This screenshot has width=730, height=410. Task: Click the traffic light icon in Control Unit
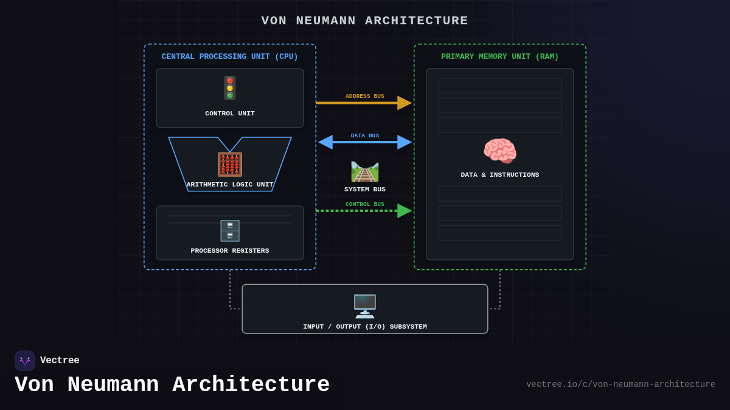230,88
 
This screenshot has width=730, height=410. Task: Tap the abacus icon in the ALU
230,165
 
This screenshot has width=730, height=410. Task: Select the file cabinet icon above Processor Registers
230,231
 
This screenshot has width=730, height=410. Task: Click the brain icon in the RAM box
500,151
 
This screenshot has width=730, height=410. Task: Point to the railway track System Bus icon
365,171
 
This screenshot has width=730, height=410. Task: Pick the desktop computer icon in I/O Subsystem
365,306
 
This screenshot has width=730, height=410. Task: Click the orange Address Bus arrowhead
405,103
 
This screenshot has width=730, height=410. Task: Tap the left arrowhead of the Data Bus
326,142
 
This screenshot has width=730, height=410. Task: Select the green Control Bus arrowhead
405,211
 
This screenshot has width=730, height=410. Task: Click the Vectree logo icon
25,361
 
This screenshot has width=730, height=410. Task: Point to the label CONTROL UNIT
230,114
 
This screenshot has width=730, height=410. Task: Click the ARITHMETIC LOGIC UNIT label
230,185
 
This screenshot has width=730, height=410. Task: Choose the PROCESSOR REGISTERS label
230,251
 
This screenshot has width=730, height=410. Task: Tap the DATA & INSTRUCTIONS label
500,175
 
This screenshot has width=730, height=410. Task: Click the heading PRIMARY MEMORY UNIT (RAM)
500,56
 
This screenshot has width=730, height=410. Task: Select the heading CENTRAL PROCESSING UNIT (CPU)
230,56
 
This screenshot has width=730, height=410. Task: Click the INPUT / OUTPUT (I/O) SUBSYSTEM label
365,327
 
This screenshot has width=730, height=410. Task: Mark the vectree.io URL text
620,384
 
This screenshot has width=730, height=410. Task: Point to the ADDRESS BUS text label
365,96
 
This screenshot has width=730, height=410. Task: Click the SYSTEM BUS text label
365,190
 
